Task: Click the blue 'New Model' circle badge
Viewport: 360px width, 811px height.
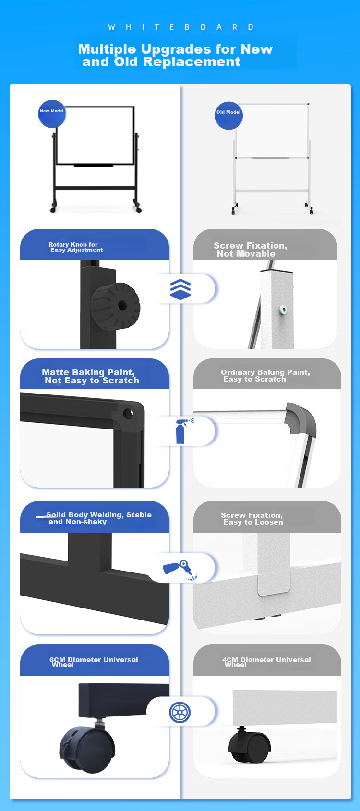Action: point(52,114)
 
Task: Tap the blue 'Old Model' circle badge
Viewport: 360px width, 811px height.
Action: point(228,116)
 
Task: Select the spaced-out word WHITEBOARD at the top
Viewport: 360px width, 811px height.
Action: point(181,27)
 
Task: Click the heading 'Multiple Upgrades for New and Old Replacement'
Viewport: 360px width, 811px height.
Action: point(175,55)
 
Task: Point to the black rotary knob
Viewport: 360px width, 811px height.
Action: point(115,306)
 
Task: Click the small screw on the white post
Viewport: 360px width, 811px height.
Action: point(283,310)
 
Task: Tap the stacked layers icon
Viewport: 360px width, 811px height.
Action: point(180,289)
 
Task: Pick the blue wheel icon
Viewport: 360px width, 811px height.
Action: point(180,712)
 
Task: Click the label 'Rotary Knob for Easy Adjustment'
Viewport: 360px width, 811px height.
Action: point(76,247)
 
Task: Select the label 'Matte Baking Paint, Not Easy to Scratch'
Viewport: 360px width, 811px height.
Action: point(90,376)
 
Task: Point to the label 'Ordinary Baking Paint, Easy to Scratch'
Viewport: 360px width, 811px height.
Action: point(265,375)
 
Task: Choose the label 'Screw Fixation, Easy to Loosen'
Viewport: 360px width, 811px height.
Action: point(252,518)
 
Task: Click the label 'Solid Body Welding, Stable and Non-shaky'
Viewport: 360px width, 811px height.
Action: point(99,518)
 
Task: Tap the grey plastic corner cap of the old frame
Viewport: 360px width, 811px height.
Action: point(300,419)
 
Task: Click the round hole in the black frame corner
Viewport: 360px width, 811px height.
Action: point(128,413)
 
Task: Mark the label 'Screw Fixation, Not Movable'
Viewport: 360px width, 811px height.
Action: point(251,250)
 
